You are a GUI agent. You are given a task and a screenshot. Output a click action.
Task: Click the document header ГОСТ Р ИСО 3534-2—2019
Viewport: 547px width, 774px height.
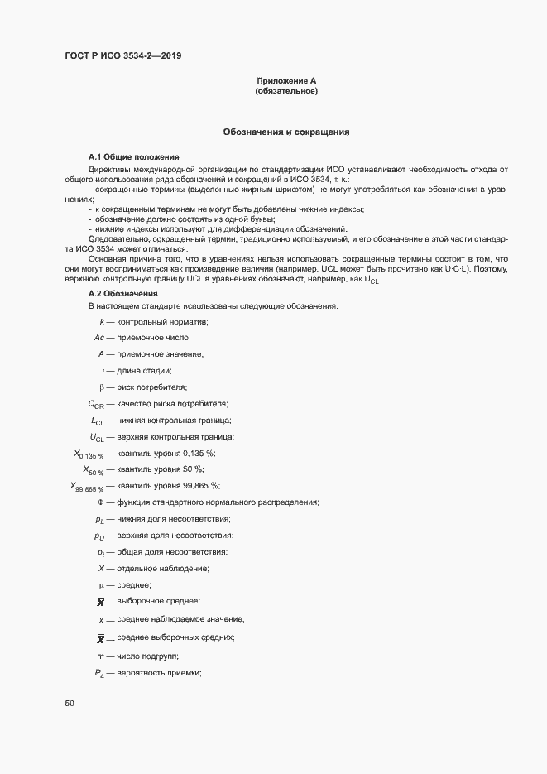122,56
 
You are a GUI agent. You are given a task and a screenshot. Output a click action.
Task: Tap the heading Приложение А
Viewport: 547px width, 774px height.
287,81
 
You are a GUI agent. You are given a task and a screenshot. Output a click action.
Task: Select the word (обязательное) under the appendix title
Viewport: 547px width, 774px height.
287,91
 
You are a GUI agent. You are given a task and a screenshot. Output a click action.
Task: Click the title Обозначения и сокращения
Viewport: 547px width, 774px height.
286,132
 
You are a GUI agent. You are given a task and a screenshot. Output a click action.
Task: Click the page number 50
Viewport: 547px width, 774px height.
69,704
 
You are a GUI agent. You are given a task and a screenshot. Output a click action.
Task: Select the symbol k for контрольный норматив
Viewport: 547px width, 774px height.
101,321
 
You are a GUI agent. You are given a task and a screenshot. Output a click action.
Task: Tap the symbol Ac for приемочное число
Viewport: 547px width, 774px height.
98,338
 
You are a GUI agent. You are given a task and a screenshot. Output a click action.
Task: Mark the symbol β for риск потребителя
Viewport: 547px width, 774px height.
101,387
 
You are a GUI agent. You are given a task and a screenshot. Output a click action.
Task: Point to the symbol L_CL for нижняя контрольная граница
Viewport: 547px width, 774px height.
97,421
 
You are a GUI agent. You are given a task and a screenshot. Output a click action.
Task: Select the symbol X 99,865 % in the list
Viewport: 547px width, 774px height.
87,487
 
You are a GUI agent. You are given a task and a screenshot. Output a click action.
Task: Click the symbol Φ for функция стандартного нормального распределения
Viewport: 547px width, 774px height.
100,502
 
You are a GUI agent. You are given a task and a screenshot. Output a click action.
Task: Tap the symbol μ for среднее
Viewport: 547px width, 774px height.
101,585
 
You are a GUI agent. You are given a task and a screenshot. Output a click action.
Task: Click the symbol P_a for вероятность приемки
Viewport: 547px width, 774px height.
98,672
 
